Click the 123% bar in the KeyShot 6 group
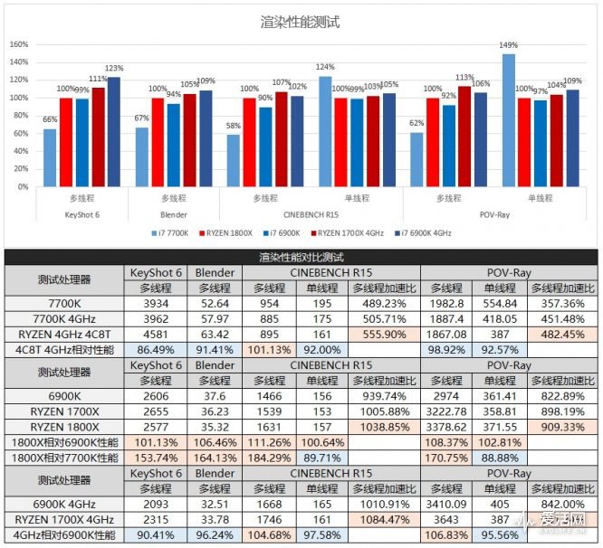point(113,131)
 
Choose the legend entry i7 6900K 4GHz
point(425,232)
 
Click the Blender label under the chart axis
point(173,214)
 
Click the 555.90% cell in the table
point(383,334)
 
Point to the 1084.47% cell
point(383,519)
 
